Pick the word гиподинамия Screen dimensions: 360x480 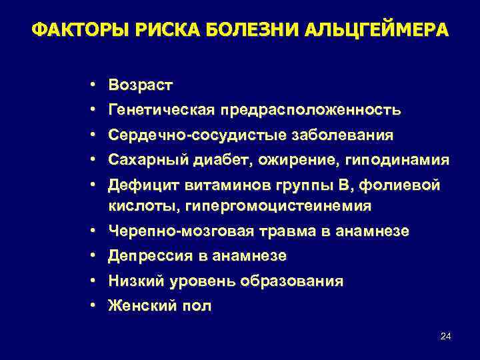[x=375, y=161]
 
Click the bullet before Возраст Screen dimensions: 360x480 [x=95, y=85]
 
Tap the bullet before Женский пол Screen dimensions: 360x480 [x=95, y=307]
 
